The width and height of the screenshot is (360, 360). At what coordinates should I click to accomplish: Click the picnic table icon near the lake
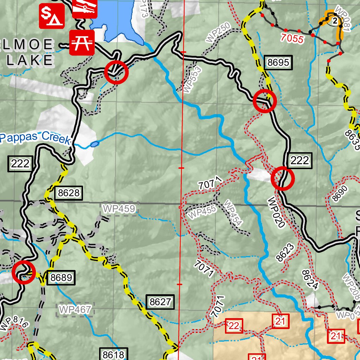[x=82, y=42]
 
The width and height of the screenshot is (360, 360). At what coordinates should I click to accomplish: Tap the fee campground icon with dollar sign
[x=51, y=16]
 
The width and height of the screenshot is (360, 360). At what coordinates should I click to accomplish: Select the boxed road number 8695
[x=278, y=63]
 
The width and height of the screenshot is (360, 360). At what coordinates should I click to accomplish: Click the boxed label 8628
[x=69, y=193]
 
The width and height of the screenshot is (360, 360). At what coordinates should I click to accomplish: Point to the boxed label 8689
[x=61, y=278]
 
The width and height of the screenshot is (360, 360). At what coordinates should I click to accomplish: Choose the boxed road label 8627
[x=160, y=302]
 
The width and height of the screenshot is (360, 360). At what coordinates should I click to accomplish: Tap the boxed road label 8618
[x=114, y=354]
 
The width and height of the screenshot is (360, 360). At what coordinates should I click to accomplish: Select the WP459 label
[x=119, y=209]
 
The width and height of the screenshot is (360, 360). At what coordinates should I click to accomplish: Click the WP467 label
[x=76, y=310]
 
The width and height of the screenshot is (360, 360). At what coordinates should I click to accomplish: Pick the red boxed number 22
[x=233, y=326]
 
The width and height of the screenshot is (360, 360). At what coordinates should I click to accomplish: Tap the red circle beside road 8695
[x=265, y=101]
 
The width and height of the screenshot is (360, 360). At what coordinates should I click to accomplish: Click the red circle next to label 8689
[x=24, y=272]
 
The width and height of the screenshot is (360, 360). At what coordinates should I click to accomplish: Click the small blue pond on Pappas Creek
[x=94, y=144]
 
